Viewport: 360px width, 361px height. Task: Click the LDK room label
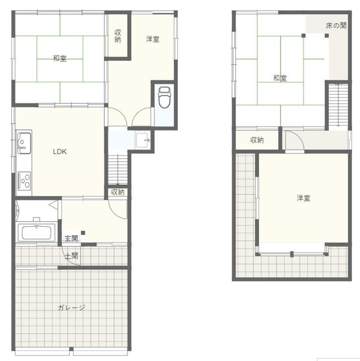[60, 152]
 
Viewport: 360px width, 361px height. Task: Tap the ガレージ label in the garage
[71, 307]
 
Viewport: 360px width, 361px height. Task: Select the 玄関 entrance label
[72, 238]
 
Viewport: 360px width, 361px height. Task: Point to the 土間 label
[72, 256]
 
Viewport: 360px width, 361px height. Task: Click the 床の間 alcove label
[336, 25]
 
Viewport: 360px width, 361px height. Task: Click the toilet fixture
[164, 97]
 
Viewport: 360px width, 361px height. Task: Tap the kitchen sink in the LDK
[24, 143]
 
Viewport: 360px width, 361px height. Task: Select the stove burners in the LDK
[24, 181]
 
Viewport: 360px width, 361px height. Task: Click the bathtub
[36, 232]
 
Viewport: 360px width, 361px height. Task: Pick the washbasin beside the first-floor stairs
[143, 140]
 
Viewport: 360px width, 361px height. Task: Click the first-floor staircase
[118, 169]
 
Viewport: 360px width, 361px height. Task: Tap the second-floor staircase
[338, 105]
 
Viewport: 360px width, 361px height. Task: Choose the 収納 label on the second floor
[257, 140]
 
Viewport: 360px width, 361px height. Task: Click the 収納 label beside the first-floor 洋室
[118, 36]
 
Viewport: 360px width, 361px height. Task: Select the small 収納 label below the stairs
[118, 192]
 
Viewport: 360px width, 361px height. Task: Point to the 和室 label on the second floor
[280, 78]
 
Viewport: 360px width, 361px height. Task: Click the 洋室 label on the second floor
[304, 198]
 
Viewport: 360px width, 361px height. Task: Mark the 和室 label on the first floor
[60, 58]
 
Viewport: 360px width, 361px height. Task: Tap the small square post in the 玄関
[83, 233]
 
